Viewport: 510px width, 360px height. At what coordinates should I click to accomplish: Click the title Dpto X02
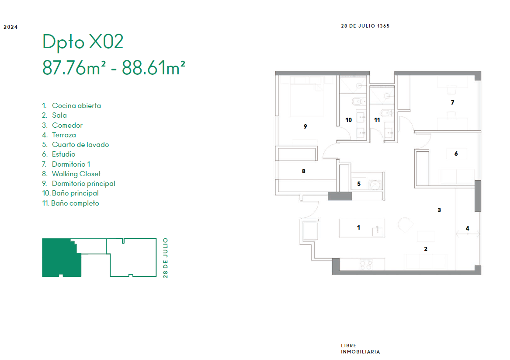tap(83, 42)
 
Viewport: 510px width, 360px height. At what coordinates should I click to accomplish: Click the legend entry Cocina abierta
tap(76, 105)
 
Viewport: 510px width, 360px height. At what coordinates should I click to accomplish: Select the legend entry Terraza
tap(64, 135)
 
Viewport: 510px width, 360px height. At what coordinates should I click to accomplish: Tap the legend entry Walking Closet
tap(76, 174)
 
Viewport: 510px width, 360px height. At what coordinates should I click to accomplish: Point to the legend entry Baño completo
tap(75, 203)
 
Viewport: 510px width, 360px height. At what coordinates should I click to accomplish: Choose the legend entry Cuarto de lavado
tap(80, 144)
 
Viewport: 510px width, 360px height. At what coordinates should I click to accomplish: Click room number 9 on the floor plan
tap(305, 126)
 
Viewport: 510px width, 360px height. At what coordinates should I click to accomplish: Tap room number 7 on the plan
tap(452, 102)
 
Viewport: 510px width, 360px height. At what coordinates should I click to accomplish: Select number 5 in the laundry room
tap(359, 184)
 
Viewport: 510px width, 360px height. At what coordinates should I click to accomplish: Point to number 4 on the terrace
tap(468, 228)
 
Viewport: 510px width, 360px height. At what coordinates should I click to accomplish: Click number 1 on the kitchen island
tap(358, 227)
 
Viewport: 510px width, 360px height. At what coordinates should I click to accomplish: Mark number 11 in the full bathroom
tap(377, 120)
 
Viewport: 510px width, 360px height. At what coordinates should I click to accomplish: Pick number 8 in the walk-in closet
tap(303, 171)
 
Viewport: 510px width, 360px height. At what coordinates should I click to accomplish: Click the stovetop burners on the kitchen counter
tap(366, 264)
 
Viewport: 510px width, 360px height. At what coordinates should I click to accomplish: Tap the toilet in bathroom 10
tap(358, 101)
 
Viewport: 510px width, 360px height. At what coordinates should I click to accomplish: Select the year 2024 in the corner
tap(11, 27)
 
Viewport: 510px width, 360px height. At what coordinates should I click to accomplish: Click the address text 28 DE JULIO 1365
tap(365, 26)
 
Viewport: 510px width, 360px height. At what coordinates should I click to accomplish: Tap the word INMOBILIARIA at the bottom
tap(361, 352)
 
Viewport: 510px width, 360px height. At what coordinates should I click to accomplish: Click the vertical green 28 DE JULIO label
tap(166, 258)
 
